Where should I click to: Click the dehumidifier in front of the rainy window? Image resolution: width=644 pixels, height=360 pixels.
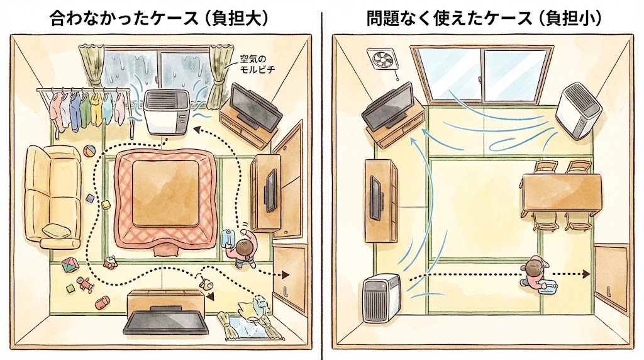(166, 111)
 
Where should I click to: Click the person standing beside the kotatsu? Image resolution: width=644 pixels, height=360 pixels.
(244, 247)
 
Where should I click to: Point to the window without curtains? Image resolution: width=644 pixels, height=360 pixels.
(482, 74)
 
